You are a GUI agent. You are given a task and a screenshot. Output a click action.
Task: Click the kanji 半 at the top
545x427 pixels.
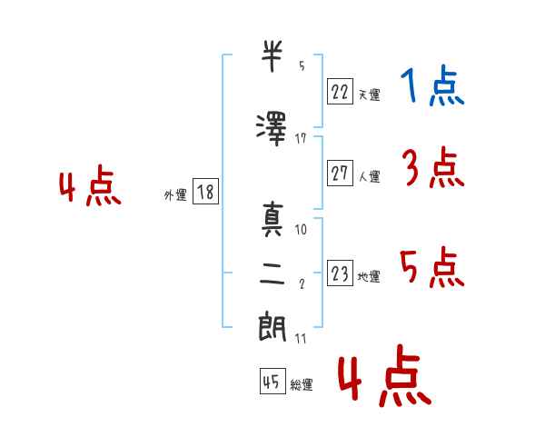click(272, 56)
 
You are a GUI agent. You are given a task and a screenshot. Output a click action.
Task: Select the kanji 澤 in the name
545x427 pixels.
click(272, 129)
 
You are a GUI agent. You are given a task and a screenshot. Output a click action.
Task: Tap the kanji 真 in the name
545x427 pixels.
click(272, 220)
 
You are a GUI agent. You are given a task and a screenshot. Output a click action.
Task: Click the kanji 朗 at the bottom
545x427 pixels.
click(272, 326)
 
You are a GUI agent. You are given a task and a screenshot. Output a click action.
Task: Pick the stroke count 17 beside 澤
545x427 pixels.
click(301, 139)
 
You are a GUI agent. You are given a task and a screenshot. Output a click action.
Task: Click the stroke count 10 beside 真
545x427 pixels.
click(301, 230)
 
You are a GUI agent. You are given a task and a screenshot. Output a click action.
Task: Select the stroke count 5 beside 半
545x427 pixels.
click(302, 65)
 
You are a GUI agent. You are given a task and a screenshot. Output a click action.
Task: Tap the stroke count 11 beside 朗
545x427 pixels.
click(301, 339)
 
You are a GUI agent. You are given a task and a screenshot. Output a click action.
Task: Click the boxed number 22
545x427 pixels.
click(340, 91)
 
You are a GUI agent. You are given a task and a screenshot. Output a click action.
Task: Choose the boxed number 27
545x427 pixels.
click(340, 173)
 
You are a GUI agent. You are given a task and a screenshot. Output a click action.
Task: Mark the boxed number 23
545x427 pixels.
click(340, 273)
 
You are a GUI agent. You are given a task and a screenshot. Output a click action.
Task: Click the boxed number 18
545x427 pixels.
click(205, 191)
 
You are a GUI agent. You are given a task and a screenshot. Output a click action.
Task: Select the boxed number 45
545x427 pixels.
click(272, 381)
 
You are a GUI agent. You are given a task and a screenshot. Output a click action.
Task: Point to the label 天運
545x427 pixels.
click(370, 94)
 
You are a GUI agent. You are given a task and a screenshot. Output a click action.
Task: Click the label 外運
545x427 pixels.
click(175, 195)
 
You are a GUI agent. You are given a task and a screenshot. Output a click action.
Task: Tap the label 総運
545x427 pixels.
click(302, 384)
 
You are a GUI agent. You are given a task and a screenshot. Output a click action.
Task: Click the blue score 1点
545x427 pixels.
click(432, 85)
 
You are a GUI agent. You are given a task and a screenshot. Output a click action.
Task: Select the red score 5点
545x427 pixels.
click(432, 268)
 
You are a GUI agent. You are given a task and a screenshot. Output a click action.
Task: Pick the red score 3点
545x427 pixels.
click(433, 167)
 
